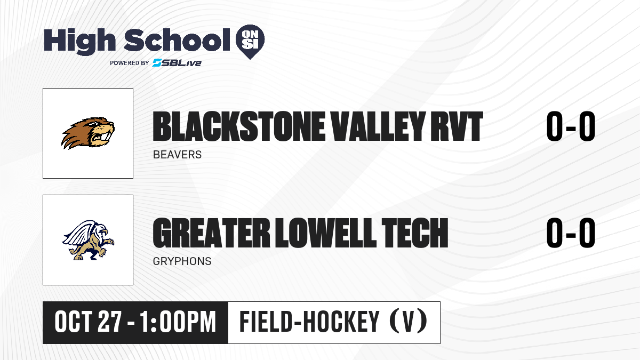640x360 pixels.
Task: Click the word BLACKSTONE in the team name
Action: tap(239, 126)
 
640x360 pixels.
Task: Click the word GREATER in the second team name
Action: tap(211, 233)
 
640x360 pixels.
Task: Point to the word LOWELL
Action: tap(326, 233)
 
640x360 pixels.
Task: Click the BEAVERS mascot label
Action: tap(177, 155)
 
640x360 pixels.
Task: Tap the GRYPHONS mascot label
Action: tap(182, 261)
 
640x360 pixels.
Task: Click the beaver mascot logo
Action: tap(88, 133)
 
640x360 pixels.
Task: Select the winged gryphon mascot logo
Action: tap(88, 240)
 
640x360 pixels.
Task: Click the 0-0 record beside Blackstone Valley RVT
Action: tap(571, 126)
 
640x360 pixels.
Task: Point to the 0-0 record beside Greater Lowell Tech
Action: tap(571, 233)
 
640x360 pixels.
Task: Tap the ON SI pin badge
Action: tap(250, 42)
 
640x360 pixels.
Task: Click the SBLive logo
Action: tap(177, 62)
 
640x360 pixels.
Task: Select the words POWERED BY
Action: tap(130, 63)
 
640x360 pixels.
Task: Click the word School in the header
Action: tap(177, 40)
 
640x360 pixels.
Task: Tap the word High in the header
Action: tap(79, 42)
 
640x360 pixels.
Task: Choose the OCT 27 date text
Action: tap(89, 322)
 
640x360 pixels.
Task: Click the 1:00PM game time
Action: tap(178, 322)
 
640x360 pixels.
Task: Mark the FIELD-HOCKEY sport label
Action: tap(309, 322)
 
